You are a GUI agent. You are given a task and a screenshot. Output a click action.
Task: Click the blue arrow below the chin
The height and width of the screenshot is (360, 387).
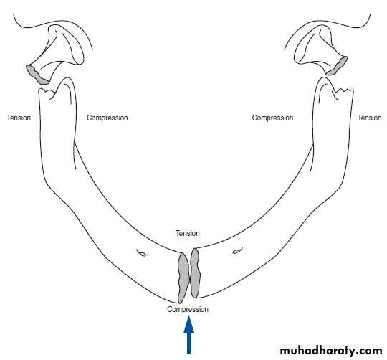188,336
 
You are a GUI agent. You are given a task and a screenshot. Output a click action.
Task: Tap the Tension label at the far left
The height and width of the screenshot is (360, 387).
19,118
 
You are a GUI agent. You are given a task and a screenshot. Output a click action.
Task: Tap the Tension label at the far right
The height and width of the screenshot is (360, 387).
370,118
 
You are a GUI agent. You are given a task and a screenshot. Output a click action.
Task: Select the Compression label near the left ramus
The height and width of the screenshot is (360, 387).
107,118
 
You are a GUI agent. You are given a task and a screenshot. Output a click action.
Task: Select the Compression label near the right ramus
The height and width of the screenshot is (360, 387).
272,118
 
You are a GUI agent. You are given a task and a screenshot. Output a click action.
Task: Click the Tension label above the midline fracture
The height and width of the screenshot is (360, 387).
188,233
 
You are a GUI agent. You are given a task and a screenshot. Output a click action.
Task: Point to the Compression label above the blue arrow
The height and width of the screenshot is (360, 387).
188,309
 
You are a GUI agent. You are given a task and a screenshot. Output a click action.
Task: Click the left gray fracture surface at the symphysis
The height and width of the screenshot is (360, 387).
183,278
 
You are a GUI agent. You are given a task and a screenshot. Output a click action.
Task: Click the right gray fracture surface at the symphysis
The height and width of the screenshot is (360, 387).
195,273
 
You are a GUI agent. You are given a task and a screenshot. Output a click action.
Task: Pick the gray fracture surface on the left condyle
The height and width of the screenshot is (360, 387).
37,75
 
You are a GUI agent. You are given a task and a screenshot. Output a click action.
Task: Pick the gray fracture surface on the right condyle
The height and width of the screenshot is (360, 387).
337,66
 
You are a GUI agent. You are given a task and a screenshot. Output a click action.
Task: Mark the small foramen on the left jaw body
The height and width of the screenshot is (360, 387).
142,253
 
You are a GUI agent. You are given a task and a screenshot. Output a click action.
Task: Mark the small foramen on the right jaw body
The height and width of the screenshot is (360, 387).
238,250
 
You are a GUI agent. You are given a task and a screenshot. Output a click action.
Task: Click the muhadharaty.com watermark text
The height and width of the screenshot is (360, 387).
331,351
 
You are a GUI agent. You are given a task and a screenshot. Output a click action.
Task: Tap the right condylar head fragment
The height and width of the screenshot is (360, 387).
321,51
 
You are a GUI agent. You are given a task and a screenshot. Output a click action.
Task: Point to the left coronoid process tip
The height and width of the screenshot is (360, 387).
67,78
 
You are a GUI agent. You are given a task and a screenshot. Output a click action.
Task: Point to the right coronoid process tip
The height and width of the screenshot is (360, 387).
323,78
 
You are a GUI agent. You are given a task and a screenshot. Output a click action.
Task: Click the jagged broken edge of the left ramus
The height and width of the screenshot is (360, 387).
47,90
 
